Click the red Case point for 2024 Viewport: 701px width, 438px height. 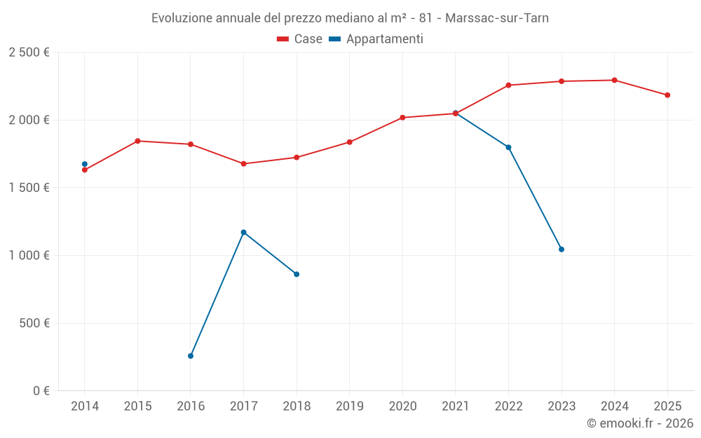point(614,80)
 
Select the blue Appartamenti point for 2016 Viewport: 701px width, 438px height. point(191,356)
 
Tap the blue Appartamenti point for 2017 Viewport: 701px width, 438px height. point(243,232)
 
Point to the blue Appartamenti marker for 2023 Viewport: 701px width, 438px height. point(562,249)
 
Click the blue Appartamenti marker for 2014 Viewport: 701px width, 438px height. point(85,164)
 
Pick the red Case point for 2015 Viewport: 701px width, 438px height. point(137,141)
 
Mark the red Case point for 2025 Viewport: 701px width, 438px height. point(667,95)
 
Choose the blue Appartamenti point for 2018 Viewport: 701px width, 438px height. point(297,274)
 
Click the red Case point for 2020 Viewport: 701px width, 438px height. point(402,118)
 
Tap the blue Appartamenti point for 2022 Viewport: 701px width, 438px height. point(508,147)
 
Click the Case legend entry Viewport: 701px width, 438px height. point(300,39)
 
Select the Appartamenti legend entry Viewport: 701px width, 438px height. point(376,39)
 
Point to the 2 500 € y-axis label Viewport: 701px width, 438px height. point(29,53)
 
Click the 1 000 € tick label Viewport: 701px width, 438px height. point(29,256)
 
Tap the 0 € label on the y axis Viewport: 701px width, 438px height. point(39,391)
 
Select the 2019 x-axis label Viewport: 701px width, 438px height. point(349,406)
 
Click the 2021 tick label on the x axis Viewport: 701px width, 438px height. point(455,406)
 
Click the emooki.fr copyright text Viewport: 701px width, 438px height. point(640,423)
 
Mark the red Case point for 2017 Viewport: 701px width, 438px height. point(243,164)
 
